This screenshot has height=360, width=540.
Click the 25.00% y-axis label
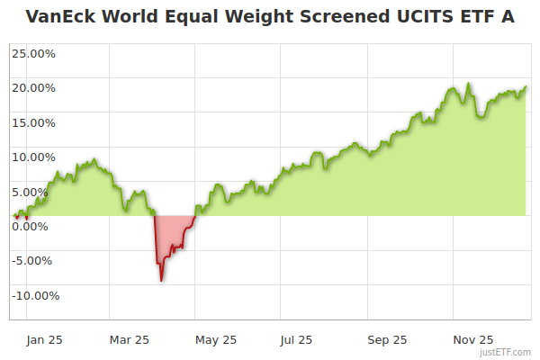click(x=33, y=53)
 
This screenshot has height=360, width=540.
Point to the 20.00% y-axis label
click(x=33, y=88)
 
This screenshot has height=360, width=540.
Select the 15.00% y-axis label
click(x=33, y=122)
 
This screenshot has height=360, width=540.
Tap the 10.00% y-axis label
click(x=33, y=157)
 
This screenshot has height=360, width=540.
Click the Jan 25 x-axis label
click(x=44, y=340)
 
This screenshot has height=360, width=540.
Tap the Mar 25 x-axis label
click(x=130, y=340)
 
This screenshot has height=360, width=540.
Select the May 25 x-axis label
click(x=216, y=340)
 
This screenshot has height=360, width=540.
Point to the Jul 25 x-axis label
click(x=296, y=340)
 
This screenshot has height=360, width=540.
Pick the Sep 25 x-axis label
click(x=387, y=340)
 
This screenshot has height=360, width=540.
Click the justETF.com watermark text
click(x=507, y=352)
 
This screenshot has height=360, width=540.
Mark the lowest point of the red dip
click(x=161, y=281)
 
